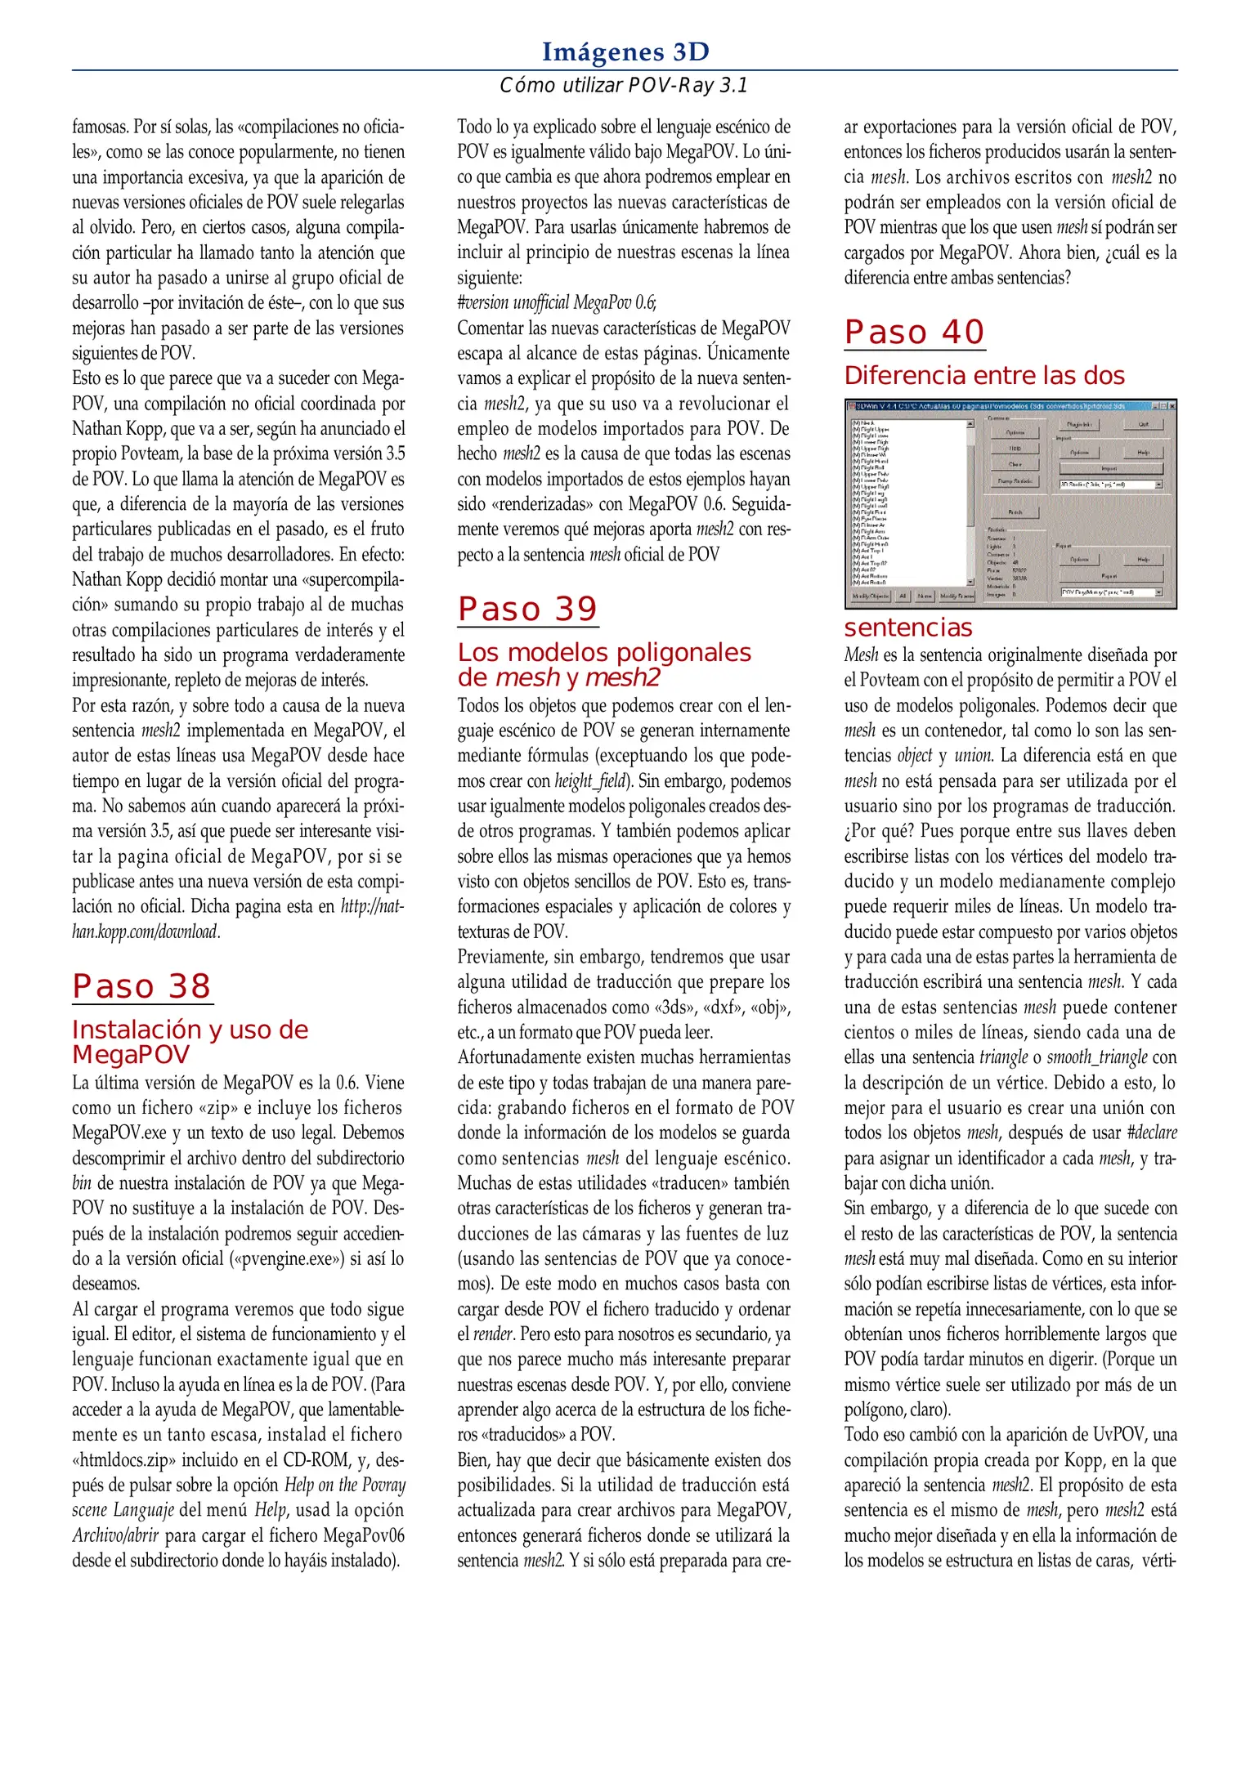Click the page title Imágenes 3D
625,52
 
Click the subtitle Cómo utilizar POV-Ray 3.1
624,85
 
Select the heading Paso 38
142,986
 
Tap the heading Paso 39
528,610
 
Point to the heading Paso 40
914,333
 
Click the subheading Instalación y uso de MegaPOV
190,1042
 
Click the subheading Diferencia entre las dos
984,376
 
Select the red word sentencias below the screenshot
908,628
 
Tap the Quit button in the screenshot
1143,424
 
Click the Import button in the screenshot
1109,468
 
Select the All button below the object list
903,597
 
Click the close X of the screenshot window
1172,406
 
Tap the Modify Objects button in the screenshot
871,597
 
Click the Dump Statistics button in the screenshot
1015,481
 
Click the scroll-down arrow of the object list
970,582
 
